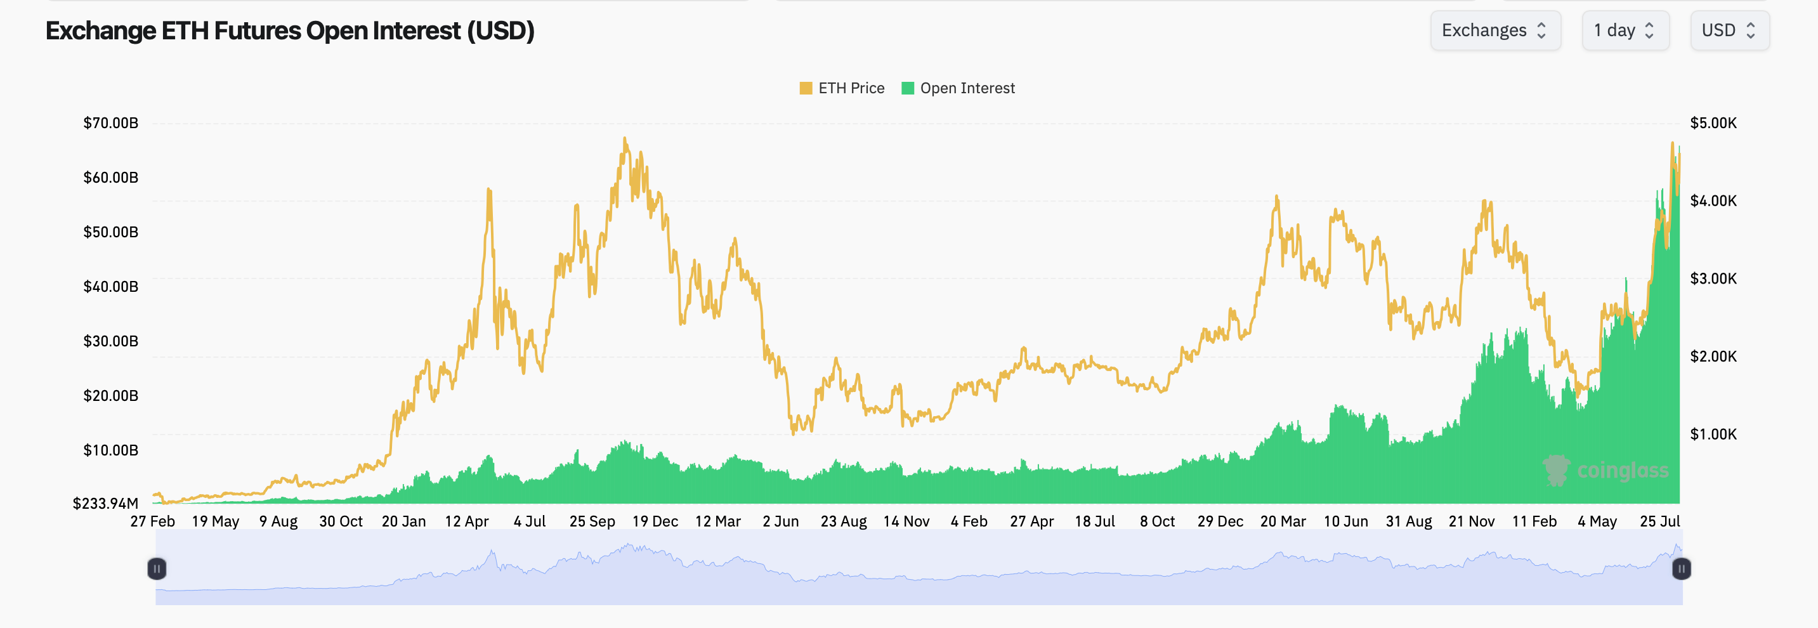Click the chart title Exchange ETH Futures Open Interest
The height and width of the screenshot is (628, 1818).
[289, 31]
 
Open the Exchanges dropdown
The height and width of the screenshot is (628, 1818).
[1494, 30]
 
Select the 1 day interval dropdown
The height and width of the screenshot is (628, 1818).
[1624, 30]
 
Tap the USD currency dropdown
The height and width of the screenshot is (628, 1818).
[1729, 30]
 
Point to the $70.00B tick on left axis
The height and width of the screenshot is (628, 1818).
[111, 123]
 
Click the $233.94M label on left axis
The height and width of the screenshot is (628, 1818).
[105, 503]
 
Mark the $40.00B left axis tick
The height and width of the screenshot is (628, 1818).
[111, 287]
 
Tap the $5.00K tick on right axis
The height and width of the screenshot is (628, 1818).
[1713, 123]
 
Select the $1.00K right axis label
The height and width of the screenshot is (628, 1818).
[1713, 434]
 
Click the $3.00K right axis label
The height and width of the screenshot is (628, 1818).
[1713, 278]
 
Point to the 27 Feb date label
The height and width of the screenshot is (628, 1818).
[152, 521]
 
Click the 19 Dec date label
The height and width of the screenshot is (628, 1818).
[655, 521]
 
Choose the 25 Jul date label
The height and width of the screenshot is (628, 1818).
[1659, 521]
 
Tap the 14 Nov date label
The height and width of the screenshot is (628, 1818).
[906, 521]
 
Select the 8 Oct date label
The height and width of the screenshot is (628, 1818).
[1158, 521]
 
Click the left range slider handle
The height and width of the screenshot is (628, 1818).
[157, 569]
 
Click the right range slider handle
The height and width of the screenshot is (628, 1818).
[1681, 569]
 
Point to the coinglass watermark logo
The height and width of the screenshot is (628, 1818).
[1605, 471]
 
